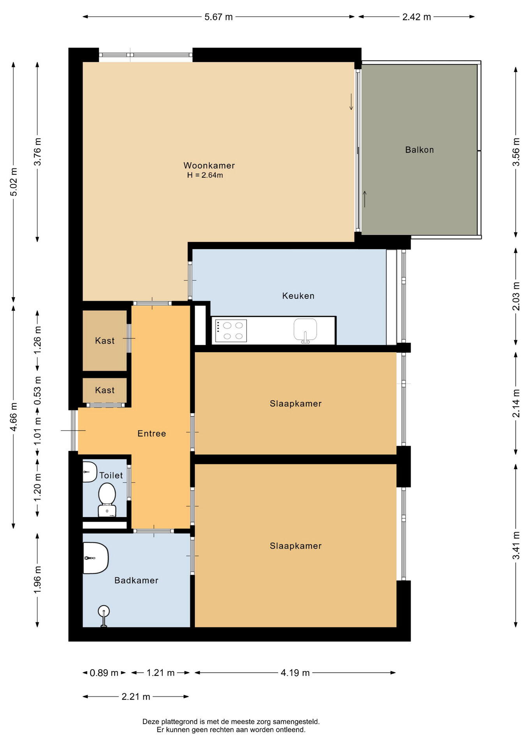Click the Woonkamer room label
pyautogui.click(x=209, y=165)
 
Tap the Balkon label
pyautogui.click(x=420, y=150)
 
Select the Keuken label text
pyautogui.click(x=298, y=296)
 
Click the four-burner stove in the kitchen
pyautogui.click(x=231, y=331)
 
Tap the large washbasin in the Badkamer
pyautogui.click(x=95, y=558)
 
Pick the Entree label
pyautogui.click(x=152, y=433)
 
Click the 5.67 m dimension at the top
pyautogui.click(x=219, y=17)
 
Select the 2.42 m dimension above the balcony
pyautogui.click(x=417, y=17)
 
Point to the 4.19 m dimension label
pyautogui.click(x=295, y=673)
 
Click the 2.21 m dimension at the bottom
pyautogui.click(x=136, y=696)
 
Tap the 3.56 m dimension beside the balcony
pyautogui.click(x=516, y=152)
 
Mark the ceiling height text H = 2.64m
pyautogui.click(x=205, y=175)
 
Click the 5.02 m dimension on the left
pyautogui.click(x=13, y=182)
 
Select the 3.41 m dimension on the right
pyautogui.click(x=516, y=545)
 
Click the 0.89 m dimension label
pyautogui.click(x=104, y=673)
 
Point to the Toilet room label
pyautogui.click(x=111, y=475)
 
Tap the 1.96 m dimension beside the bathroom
pyautogui.click(x=37, y=580)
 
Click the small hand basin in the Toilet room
pyautogui.click(x=90, y=472)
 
